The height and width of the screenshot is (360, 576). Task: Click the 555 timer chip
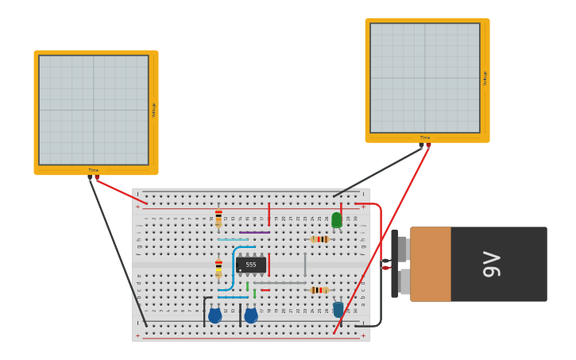tap(251, 265)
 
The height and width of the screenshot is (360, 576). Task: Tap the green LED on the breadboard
tap(337, 220)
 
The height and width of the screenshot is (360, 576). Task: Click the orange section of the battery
tap(431, 264)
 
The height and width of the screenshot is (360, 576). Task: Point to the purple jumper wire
tap(254, 232)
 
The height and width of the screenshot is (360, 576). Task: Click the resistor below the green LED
tap(320, 239)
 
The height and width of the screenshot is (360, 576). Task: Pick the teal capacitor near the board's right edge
tap(338, 308)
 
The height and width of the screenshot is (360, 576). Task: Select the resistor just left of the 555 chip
tap(218, 267)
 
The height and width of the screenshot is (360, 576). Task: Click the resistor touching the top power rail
tap(218, 217)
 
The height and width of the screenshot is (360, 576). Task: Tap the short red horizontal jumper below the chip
tap(265, 290)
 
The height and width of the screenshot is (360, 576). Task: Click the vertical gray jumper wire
tap(305, 265)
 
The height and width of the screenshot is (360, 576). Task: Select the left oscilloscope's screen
tap(94, 110)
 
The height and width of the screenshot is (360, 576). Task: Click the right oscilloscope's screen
tap(425, 78)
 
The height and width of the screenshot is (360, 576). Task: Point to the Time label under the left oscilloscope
tap(94, 170)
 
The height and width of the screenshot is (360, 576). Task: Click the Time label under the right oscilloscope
tap(425, 137)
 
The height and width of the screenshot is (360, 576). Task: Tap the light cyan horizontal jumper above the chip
tap(233, 239)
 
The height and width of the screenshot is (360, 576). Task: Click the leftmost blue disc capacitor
tap(215, 315)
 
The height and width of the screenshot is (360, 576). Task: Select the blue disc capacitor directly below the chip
tap(251, 315)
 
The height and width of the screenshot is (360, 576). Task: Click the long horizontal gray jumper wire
tap(280, 282)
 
